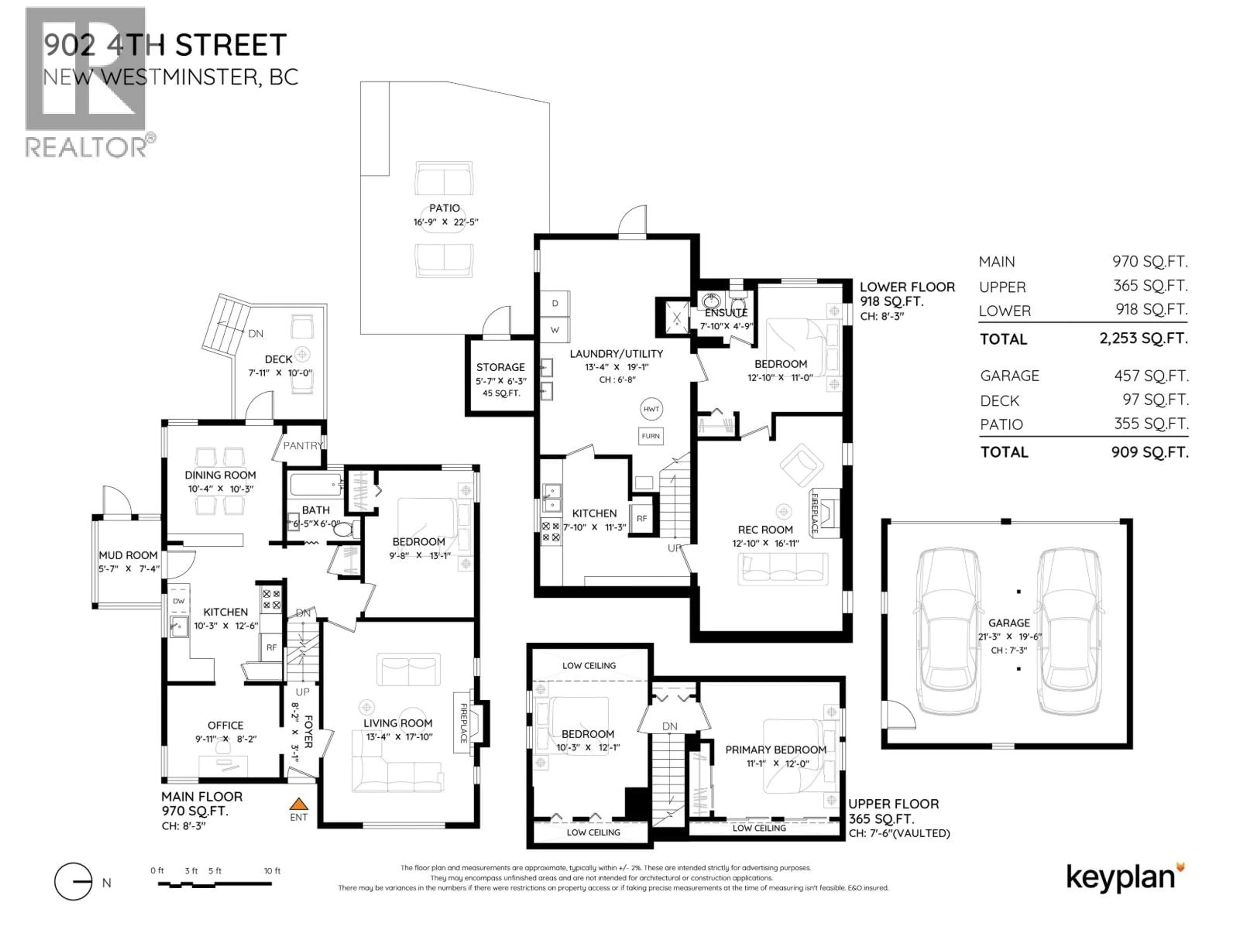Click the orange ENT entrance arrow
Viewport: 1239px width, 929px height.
298,805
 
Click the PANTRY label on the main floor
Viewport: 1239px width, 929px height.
302,446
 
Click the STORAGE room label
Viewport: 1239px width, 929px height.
500,367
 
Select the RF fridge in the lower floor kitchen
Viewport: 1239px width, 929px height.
642,519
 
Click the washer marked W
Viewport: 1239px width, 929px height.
555,330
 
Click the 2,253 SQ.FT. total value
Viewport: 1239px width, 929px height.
1143,338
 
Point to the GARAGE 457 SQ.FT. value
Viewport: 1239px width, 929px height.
1151,376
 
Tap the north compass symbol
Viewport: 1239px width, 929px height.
73,881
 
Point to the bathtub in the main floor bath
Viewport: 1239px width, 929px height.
315,484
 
